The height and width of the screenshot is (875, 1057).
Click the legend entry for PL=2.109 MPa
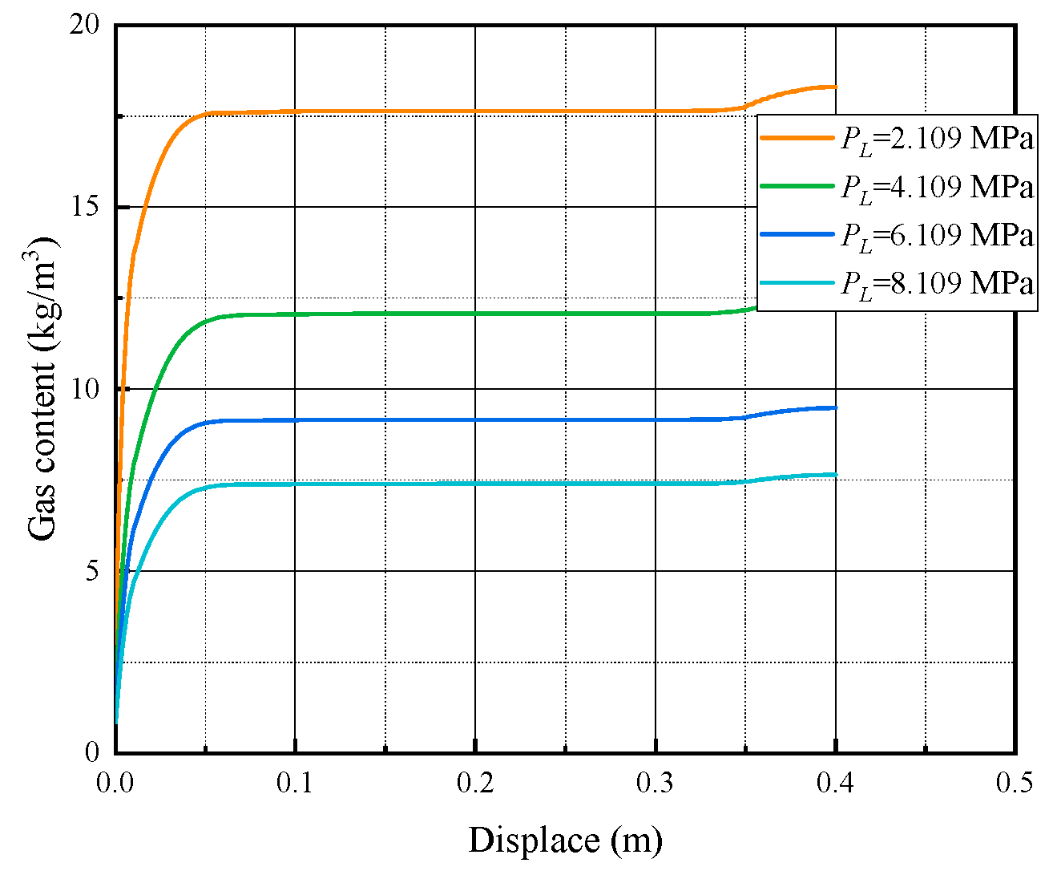(x=936, y=139)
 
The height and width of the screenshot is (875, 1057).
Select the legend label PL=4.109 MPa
(x=936, y=187)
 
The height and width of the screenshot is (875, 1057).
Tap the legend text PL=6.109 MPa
(x=936, y=235)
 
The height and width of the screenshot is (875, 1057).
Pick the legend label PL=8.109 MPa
(x=936, y=283)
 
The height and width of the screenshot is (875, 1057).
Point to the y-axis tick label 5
(x=91, y=571)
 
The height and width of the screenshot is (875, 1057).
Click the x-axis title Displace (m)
(x=565, y=841)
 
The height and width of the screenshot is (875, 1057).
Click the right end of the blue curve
(x=836, y=407)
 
